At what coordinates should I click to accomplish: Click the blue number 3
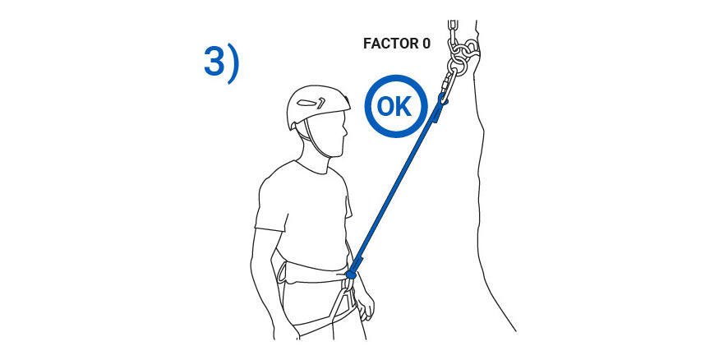pyautogui.click(x=214, y=62)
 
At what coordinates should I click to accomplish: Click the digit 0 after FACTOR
pyautogui.click(x=426, y=44)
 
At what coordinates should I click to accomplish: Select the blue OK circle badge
pyautogui.click(x=396, y=106)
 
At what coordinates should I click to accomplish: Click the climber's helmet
pyautogui.click(x=317, y=105)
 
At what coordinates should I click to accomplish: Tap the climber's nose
pyautogui.click(x=345, y=133)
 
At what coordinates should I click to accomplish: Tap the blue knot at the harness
pyautogui.click(x=350, y=275)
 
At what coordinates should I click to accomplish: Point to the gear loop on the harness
pyautogui.click(x=281, y=272)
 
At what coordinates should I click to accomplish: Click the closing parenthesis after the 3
pyautogui.click(x=233, y=65)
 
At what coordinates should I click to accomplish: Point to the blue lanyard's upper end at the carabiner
pyautogui.click(x=442, y=99)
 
